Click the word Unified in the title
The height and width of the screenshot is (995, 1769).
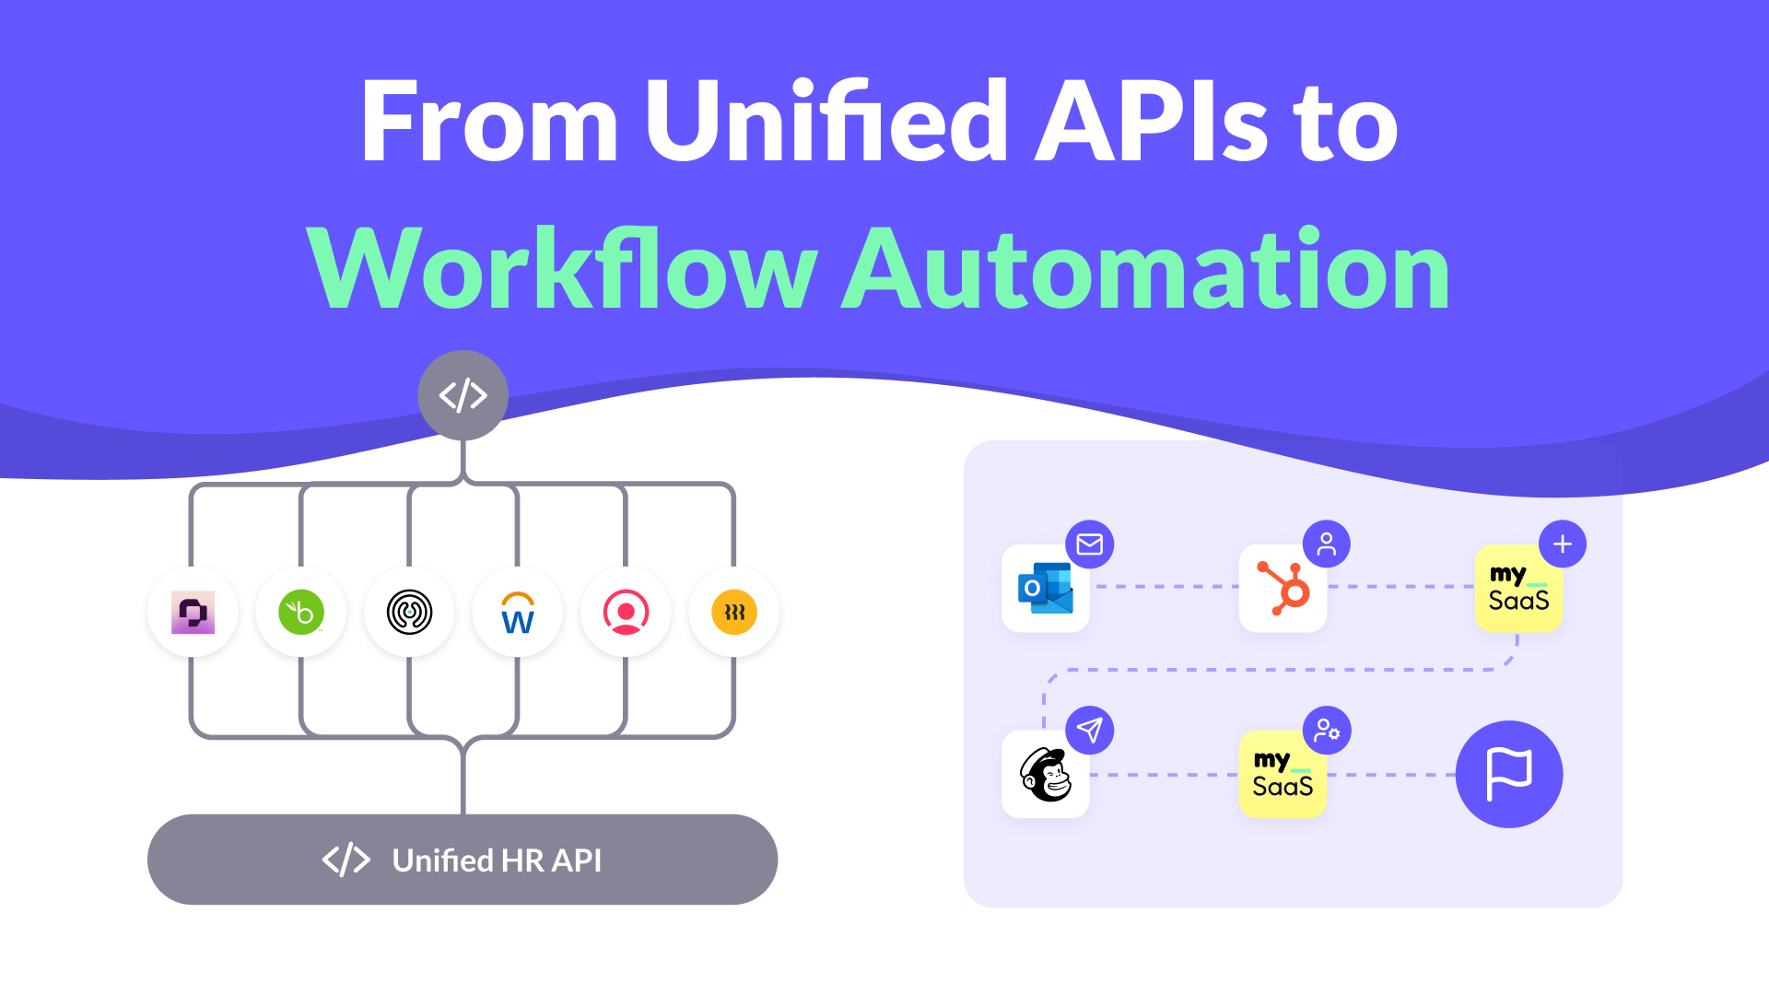pos(826,122)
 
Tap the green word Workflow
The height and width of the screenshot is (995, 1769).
pos(562,269)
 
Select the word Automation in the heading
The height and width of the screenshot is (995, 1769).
pos(1146,269)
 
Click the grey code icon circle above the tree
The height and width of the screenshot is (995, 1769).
pos(463,395)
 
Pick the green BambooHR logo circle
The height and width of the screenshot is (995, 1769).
pos(301,613)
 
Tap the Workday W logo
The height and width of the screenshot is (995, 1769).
pos(518,613)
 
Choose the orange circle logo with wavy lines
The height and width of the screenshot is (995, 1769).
pos(734,613)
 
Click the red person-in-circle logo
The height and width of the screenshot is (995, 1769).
pos(627,613)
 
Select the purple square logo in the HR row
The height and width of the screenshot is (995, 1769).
pos(193,613)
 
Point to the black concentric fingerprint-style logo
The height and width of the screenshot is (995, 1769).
pos(409,613)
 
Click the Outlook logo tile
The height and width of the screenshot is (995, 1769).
pos(1046,589)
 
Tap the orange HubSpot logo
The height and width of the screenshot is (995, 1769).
pos(1283,589)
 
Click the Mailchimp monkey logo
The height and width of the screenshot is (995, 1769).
pos(1046,775)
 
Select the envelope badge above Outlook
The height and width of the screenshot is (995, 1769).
pos(1090,544)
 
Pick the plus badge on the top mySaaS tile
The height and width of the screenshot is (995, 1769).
pos(1563,544)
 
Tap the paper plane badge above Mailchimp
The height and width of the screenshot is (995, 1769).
pos(1090,731)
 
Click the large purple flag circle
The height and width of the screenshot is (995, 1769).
pos(1509,774)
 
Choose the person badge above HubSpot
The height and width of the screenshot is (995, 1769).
pos(1327,544)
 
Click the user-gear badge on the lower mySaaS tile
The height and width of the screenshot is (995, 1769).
pos(1327,731)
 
